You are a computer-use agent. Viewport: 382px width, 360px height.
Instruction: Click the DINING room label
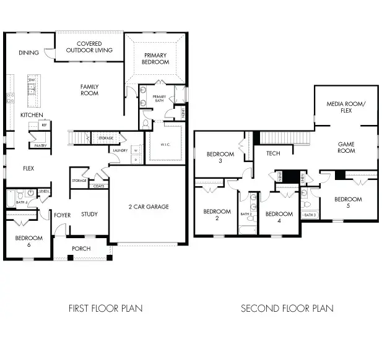click(x=29, y=53)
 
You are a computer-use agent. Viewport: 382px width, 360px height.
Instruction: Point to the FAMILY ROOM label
click(x=90, y=90)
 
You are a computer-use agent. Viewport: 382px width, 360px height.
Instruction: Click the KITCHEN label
click(x=32, y=115)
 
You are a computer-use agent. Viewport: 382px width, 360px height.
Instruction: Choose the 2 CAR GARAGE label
click(x=149, y=207)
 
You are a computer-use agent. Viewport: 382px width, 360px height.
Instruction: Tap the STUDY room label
click(x=90, y=215)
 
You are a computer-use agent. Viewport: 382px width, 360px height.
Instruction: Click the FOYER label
click(x=62, y=215)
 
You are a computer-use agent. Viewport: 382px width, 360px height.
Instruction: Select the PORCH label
click(x=81, y=249)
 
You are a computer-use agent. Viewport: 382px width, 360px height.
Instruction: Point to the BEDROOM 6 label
click(x=28, y=241)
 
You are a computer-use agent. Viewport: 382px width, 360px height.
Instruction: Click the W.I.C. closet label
click(x=165, y=145)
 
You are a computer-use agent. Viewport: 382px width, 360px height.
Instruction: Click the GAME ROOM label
click(x=346, y=147)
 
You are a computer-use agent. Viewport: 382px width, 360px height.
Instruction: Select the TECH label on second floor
click(x=273, y=153)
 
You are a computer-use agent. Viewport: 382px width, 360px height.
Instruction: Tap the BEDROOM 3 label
click(x=220, y=158)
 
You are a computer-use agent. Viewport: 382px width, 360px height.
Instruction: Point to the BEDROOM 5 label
click(x=348, y=202)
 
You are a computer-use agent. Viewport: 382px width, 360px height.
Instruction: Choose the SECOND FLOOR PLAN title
click(x=287, y=307)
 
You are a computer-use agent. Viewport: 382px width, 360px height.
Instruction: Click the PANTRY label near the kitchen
click(x=41, y=145)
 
